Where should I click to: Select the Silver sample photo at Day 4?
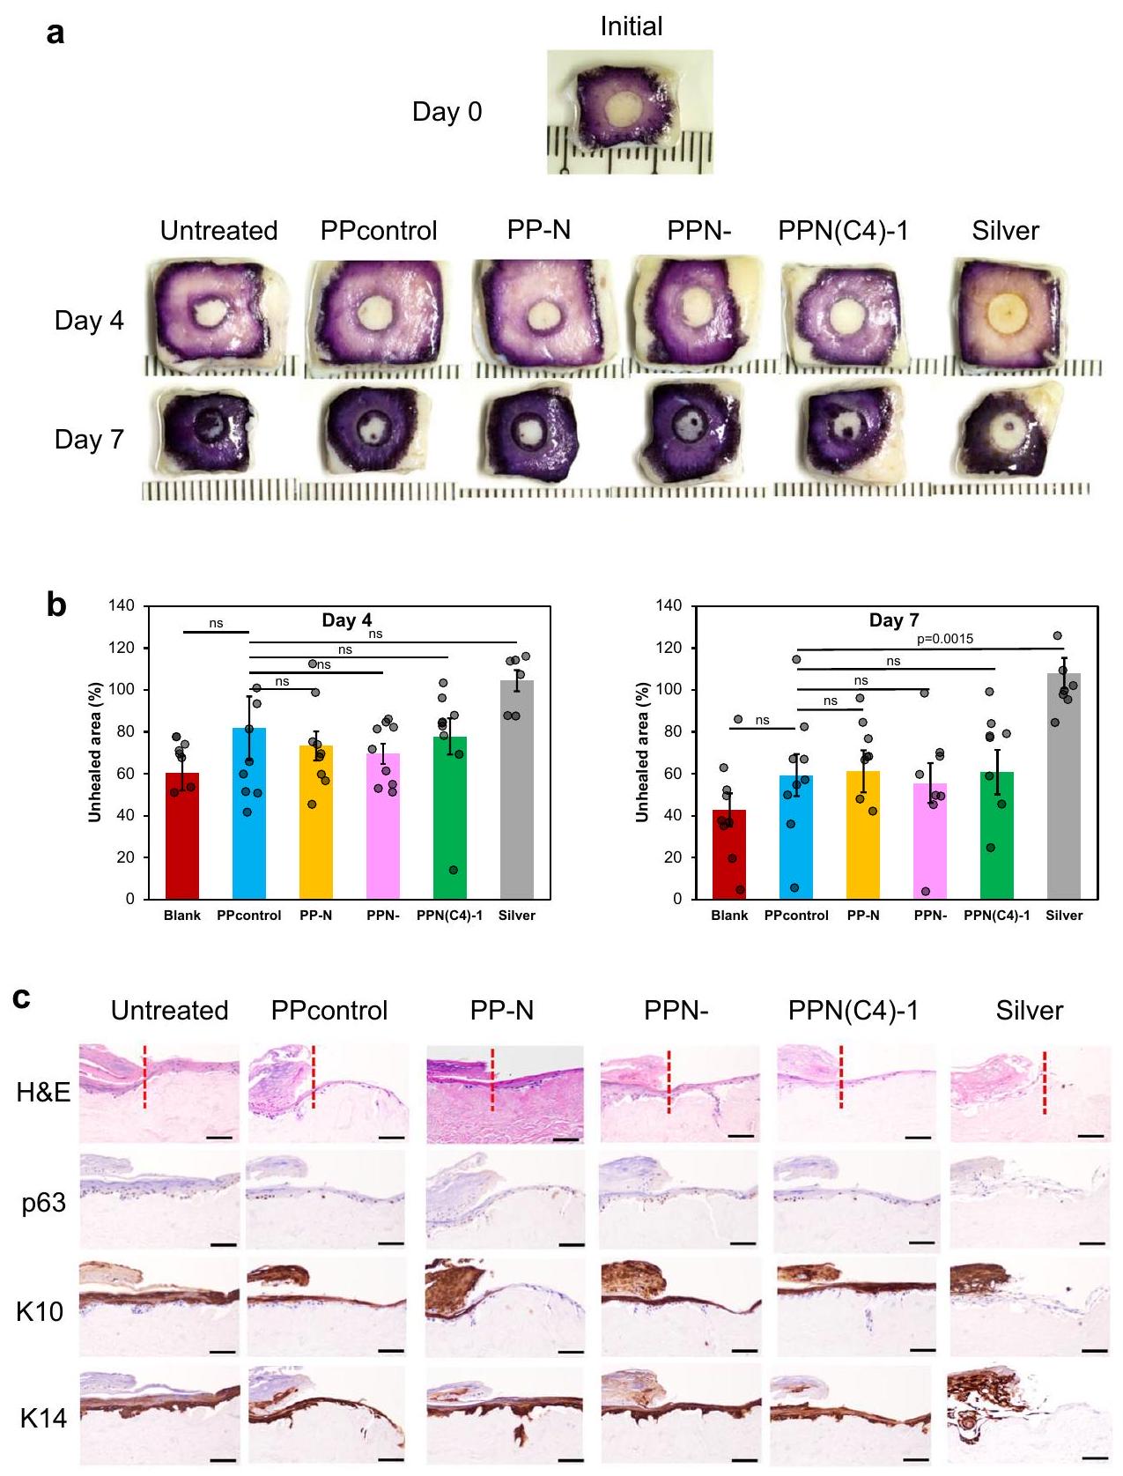pos(1005,314)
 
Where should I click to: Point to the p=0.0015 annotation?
pos(945,639)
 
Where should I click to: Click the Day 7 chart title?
pos(894,620)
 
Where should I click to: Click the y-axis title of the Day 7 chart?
pos(643,752)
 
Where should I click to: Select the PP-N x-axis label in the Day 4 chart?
pos(315,916)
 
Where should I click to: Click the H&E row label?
pos(43,1093)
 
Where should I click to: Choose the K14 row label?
pos(43,1419)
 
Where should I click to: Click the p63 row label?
pos(44,1203)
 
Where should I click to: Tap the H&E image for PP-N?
pos(505,1094)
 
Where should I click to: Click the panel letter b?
pos(56,605)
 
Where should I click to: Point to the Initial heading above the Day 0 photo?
pos(631,26)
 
